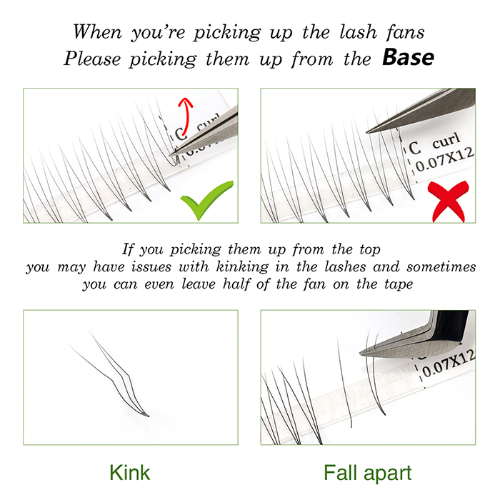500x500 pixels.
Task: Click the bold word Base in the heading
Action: point(408,57)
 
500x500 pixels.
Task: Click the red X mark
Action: point(448,201)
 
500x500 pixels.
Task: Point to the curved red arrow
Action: point(187,115)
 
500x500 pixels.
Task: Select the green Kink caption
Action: point(129,473)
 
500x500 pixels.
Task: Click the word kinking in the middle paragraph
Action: point(242,267)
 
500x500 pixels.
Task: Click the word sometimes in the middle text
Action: point(441,266)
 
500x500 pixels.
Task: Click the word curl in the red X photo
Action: point(446,140)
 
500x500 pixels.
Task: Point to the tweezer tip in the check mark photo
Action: point(171,154)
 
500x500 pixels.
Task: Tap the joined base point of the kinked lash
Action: point(148,416)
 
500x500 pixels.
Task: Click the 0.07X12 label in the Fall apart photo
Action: point(448,363)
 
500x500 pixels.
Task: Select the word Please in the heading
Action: point(92,59)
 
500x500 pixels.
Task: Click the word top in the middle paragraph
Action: point(370,250)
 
